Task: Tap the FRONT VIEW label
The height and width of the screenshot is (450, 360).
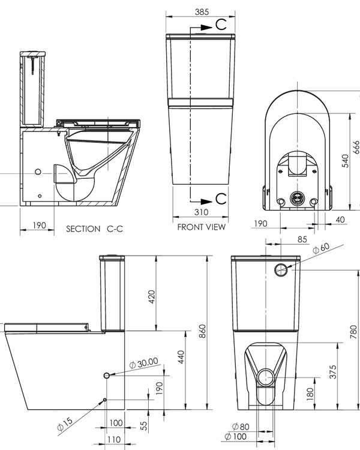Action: [x=202, y=227]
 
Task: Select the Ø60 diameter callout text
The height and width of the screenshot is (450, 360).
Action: [x=322, y=247]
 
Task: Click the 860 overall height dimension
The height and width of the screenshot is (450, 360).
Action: [x=203, y=331]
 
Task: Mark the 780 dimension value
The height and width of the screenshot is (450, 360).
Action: [x=353, y=331]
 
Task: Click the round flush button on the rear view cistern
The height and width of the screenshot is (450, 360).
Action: [x=281, y=269]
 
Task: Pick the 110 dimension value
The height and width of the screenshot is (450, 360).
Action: [x=113, y=440]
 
